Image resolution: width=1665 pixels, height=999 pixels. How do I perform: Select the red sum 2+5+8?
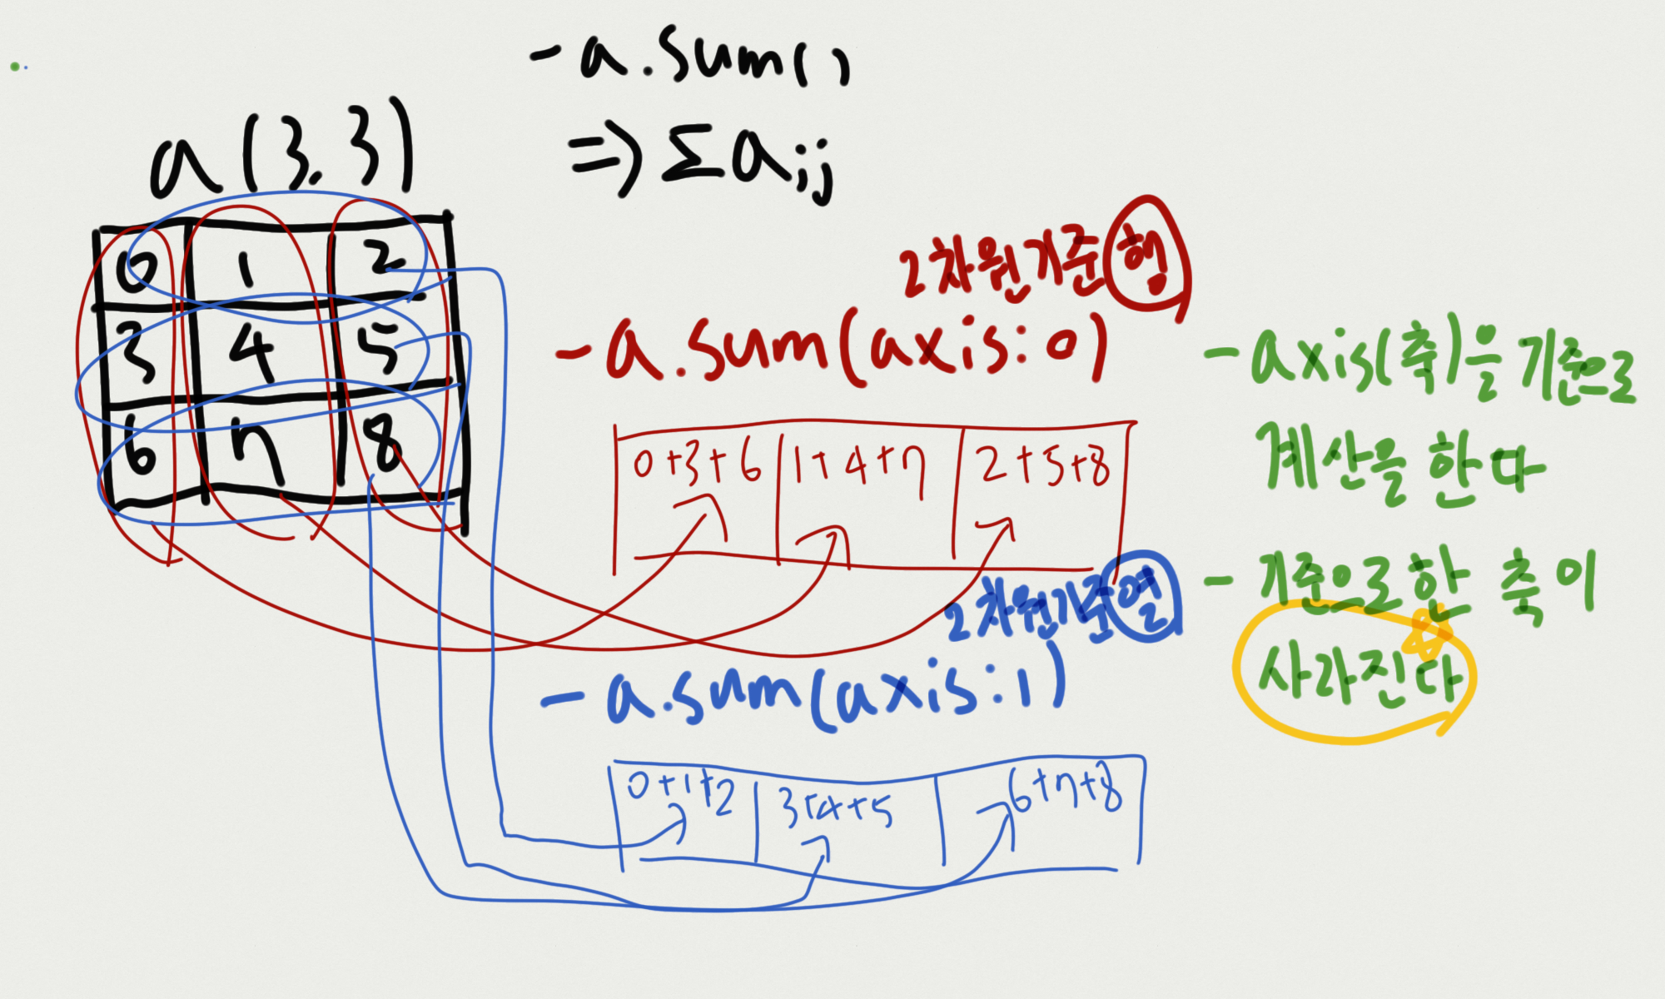(1045, 466)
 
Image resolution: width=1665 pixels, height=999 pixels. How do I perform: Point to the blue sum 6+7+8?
(1066, 791)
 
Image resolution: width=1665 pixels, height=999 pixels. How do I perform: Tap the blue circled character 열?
(1147, 596)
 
